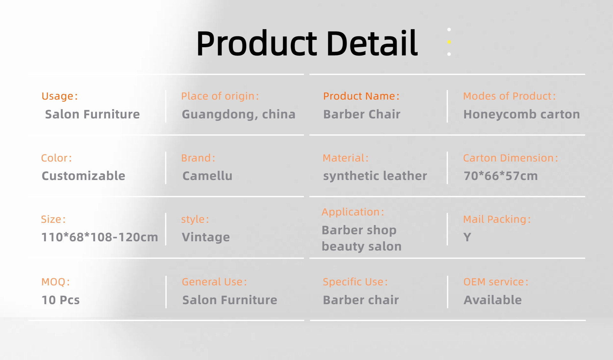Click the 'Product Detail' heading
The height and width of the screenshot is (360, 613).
[x=307, y=43]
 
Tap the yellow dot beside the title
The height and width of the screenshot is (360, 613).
[x=449, y=42]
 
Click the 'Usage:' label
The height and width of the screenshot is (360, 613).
[x=60, y=96]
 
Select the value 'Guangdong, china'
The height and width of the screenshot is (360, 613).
[x=238, y=114]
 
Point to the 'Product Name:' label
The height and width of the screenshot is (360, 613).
[x=361, y=96]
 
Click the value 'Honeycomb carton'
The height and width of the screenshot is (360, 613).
[x=522, y=114]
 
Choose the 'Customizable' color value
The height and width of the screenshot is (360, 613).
[x=83, y=176]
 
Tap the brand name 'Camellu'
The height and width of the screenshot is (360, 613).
[x=207, y=176]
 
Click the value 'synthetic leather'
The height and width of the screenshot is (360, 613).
[x=375, y=176]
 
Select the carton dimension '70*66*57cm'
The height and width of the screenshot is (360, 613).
[x=501, y=176]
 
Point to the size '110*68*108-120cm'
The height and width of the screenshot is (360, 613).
[x=100, y=237]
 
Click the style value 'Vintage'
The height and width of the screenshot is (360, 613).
[x=206, y=237]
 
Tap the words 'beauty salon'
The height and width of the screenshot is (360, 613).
[x=361, y=246]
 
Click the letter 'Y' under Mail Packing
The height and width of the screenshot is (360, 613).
[x=467, y=237]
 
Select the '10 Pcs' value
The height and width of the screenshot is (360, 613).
[x=61, y=300]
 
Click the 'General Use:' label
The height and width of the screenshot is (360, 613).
[x=214, y=282]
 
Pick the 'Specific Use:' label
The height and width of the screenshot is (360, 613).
[x=355, y=282]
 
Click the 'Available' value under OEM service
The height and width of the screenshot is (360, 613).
[x=493, y=300]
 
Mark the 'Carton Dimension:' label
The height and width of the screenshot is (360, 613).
[x=511, y=158]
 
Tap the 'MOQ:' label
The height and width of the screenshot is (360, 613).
[x=56, y=282]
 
